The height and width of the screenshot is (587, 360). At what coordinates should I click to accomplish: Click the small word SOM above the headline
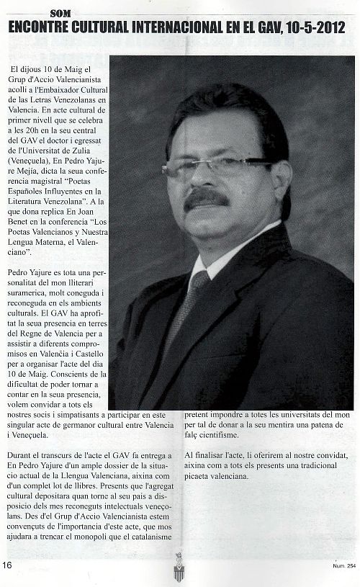(x=62, y=12)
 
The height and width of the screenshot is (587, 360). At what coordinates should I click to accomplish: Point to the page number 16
(x=8, y=563)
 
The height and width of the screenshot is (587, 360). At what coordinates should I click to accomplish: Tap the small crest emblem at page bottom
(x=179, y=568)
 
